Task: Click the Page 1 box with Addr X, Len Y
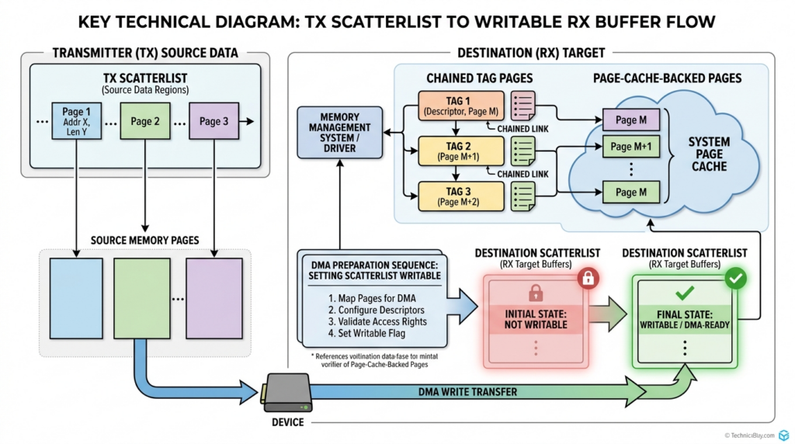[76, 121]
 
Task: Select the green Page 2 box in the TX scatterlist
[145, 121]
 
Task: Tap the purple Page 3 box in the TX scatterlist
[214, 121]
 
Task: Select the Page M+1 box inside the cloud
[631, 146]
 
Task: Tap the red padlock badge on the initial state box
[588, 278]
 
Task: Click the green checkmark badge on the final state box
[734, 278]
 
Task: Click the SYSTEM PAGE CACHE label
[709, 154]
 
